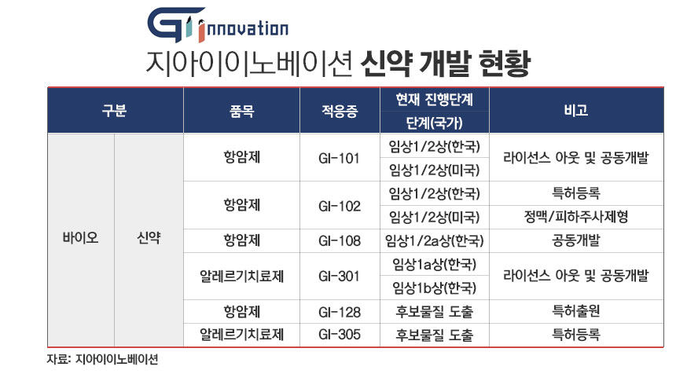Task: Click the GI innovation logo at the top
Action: pyautogui.click(x=218, y=26)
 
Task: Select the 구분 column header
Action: pyautogui.click(x=115, y=111)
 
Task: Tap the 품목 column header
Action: pyautogui.click(x=241, y=111)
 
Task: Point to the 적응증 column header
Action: pyautogui.click(x=340, y=111)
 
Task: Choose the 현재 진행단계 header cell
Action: pyautogui.click(x=434, y=99)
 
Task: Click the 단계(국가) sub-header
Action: pyautogui.click(x=434, y=123)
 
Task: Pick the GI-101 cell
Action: pyautogui.click(x=340, y=159)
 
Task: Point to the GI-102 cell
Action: pyautogui.click(x=340, y=207)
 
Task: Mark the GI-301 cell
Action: pyautogui.click(x=340, y=276)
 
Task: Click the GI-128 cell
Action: pyautogui.click(x=340, y=312)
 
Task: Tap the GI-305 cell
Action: pyautogui.click(x=340, y=335)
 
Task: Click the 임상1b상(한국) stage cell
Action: pyautogui.click(x=434, y=286)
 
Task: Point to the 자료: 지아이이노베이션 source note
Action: pyautogui.click(x=103, y=360)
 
